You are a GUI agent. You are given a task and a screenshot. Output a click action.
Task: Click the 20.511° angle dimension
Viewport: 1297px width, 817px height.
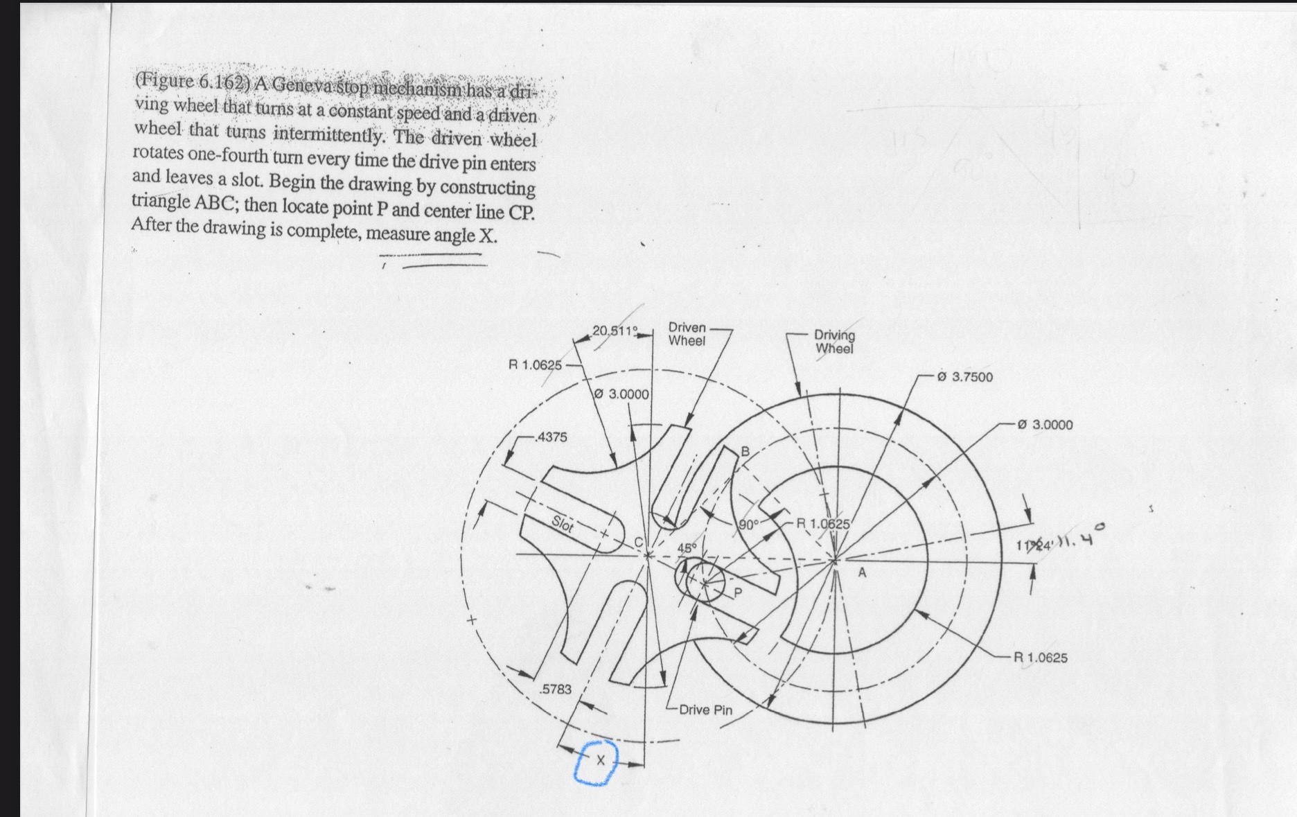[x=614, y=330]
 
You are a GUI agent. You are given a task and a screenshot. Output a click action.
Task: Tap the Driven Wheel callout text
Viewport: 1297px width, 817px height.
[x=687, y=334]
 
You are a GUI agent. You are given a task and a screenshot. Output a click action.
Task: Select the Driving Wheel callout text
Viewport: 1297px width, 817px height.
[x=834, y=342]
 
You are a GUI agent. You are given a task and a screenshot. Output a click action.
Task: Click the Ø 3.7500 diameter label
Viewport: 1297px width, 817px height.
[x=964, y=377]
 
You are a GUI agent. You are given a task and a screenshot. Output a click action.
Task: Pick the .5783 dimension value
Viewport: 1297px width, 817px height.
[x=556, y=689]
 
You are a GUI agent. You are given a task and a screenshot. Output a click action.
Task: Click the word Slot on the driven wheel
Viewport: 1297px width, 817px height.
[x=563, y=525]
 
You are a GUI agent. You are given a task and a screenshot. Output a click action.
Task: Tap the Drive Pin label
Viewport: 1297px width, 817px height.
[x=705, y=710]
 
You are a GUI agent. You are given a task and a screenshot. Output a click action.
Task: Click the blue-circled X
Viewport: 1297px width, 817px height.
[x=600, y=761]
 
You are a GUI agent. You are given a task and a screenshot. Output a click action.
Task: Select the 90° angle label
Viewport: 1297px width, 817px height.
[x=748, y=525]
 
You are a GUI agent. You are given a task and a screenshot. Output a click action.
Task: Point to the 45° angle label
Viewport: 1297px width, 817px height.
[x=686, y=547]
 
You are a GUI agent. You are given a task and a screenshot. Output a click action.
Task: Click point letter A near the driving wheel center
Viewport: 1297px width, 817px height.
[x=862, y=573]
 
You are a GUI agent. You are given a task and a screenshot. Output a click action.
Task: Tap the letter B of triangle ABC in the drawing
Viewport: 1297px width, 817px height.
[x=745, y=453]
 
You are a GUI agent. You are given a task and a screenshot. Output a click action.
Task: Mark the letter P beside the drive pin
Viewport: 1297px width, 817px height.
[x=737, y=592]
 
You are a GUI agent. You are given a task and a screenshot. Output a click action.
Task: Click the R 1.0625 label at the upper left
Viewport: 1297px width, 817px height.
[x=535, y=364]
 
